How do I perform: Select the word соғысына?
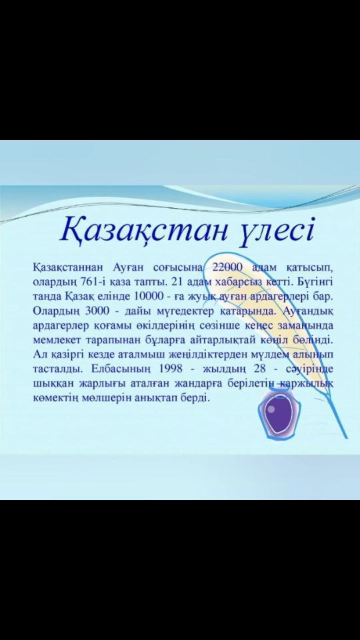(179, 268)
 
